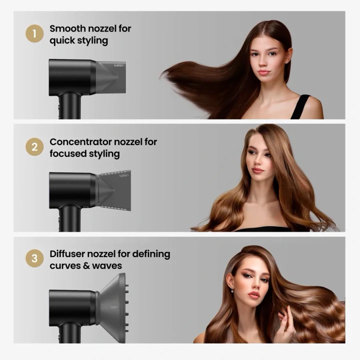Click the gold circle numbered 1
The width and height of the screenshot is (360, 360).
coord(34,33)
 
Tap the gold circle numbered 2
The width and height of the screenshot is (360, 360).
coord(34,147)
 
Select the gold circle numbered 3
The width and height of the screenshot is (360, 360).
coord(34,258)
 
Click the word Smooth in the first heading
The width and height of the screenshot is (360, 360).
coord(67,28)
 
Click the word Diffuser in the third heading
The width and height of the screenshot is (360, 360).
coord(67,254)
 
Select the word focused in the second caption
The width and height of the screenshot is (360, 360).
coord(68,153)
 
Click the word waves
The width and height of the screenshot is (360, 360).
coord(107,266)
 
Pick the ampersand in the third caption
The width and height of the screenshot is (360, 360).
coord(86,265)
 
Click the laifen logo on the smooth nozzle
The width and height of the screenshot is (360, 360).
coord(118,65)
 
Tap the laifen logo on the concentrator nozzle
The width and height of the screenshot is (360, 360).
coord(124,175)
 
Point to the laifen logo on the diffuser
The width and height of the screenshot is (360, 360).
coord(114,307)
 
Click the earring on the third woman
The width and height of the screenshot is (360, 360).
coord(232,290)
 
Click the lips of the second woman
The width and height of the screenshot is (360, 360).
coord(257,170)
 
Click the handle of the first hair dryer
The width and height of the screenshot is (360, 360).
coord(69,105)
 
